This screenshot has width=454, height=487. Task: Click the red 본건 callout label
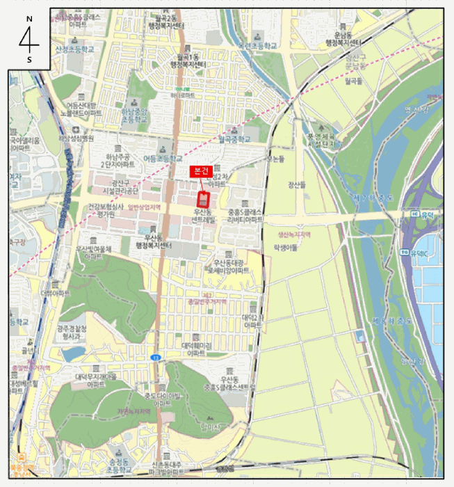coord(201,170)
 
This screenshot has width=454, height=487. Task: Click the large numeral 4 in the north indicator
coord(29,40)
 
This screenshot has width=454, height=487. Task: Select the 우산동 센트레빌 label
coord(203,215)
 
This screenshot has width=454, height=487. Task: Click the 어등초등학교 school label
coord(160,158)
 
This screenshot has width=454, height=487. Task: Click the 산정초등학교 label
coord(74,49)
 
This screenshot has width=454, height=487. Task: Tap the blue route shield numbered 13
coord(154,357)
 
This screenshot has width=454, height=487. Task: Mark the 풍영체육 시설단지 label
coord(321,140)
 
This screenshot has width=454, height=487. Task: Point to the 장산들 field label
coord(298,184)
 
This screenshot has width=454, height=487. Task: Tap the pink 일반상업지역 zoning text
coord(145,207)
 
